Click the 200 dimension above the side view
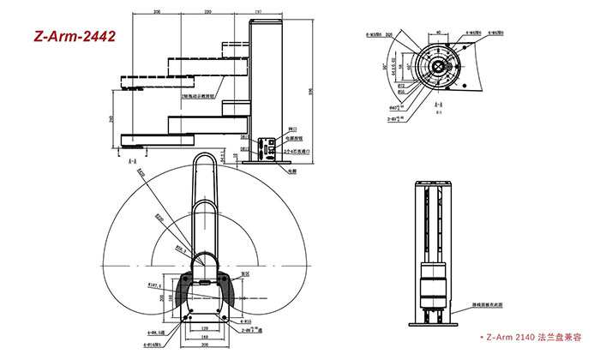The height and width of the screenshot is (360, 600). (x=158, y=13)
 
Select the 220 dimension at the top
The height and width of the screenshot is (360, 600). (x=208, y=13)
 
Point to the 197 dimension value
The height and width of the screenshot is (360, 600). (x=259, y=13)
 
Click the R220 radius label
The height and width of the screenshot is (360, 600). (x=159, y=218)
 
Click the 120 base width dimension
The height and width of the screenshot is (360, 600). (x=204, y=327)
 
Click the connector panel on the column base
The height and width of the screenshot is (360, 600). (x=270, y=147)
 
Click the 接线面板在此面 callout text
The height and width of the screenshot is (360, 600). (x=492, y=303)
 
